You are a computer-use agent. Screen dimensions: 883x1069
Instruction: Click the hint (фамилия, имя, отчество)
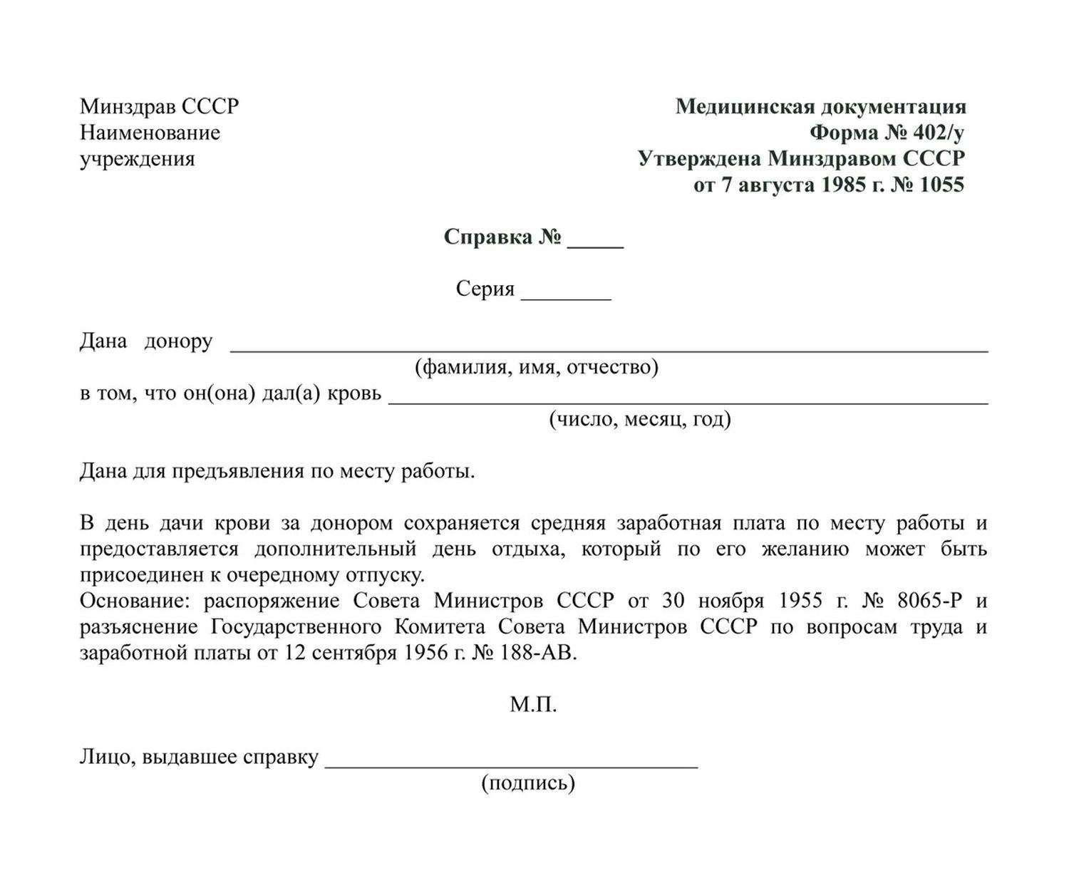[537, 367]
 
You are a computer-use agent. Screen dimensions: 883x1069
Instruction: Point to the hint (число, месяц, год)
[639, 419]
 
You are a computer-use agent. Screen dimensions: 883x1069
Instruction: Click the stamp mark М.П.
[533, 705]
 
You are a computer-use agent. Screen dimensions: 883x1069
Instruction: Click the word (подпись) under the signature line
[528, 783]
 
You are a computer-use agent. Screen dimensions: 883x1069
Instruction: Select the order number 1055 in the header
[941, 185]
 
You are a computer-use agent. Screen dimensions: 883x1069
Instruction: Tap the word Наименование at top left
[150, 133]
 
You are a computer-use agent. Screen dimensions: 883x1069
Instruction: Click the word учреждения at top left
[137, 159]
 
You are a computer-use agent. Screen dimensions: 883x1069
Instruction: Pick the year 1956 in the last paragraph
[425, 653]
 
